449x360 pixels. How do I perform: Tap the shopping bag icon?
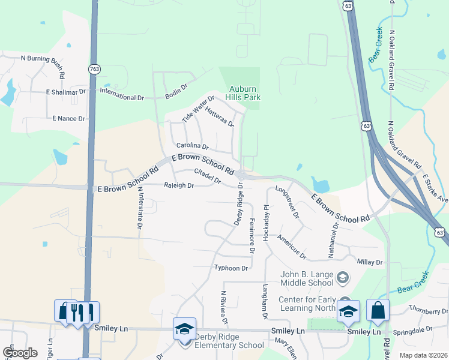point(378,310)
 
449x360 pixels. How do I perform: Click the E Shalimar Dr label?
point(66,92)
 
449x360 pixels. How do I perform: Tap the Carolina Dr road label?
point(192,146)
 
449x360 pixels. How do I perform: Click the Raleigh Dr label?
point(179,186)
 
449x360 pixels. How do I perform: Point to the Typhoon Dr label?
point(231,268)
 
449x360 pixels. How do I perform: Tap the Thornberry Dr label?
point(428,311)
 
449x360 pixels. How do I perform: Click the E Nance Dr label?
point(68,119)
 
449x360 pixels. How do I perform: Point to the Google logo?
point(19,353)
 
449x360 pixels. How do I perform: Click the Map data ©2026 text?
point(423,355)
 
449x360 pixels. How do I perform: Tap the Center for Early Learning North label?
point(307,304)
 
